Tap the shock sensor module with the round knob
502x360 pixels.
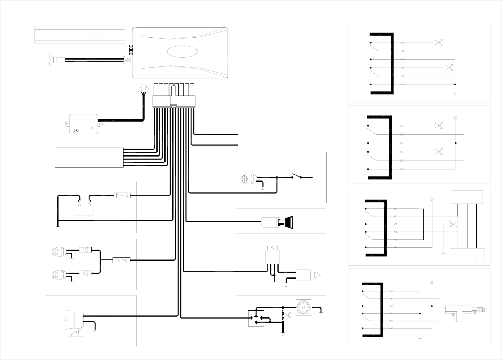83,124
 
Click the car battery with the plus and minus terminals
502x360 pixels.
84,208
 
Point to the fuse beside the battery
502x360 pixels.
122,196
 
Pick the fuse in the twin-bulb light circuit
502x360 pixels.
121,260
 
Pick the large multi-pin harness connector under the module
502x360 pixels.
174,101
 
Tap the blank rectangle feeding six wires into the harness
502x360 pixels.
89,158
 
